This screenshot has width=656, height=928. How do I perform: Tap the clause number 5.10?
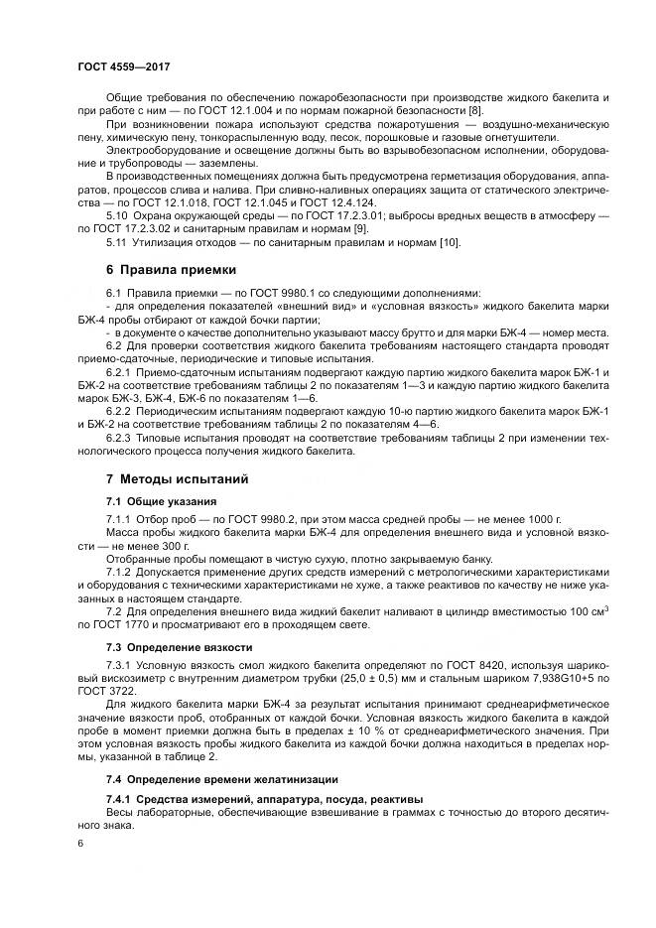tap(117, 214)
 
